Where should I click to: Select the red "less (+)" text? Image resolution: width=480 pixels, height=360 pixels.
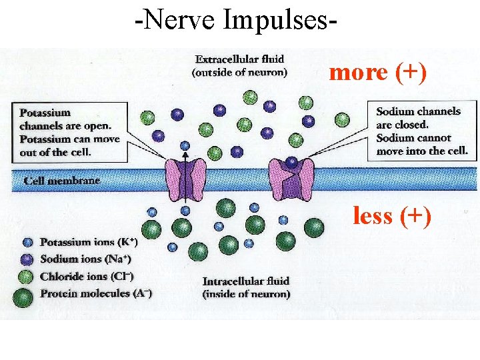click(x=392, y=215)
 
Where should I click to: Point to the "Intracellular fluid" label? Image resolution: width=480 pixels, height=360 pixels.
click(x=246, y=288)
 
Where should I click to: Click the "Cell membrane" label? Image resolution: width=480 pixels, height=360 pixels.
click(x=61, y=181)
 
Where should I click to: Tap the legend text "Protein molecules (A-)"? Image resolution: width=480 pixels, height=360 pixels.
click(x=95, y=293)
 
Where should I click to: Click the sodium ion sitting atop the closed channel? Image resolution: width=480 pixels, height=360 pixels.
click(x=291, y=161)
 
